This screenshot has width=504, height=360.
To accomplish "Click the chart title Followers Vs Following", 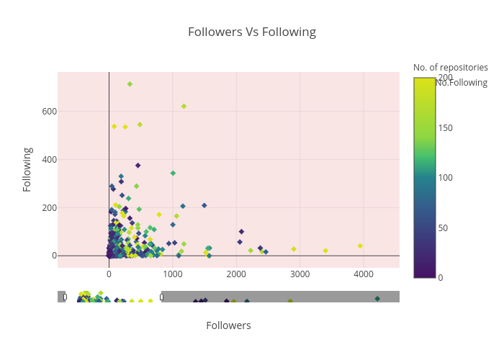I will click(x=251, y=32).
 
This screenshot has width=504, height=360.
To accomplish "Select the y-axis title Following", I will click(x=27, y=169).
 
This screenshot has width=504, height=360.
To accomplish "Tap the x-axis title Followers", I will click(x=228, y=325).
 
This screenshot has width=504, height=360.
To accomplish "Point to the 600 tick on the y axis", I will click(x=49, y=111).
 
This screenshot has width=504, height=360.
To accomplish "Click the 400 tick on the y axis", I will click(x=49, y=159).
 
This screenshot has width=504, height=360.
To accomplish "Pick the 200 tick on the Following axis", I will click(x=49, y=207).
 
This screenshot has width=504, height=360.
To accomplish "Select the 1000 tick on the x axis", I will click(x=173, y=274).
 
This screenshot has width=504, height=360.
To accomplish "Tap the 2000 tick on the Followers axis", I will click(x=236, y=274).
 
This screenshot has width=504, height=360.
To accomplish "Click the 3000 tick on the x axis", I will click(x=300, y=274).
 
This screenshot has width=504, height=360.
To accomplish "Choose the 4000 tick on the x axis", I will click(x=364, y=274).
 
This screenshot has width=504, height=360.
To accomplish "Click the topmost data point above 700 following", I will click(x=130, y=84).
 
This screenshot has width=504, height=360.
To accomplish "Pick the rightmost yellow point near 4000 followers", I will click(x=360, y=246).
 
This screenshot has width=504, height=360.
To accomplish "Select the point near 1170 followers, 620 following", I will click(x=184, y=107).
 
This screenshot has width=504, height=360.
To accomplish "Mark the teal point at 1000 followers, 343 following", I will click(x=173, y=173).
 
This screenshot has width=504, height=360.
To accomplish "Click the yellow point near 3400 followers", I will click(x=325, y=251).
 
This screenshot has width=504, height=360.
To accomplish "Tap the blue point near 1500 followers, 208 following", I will click(x=204, y=205).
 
